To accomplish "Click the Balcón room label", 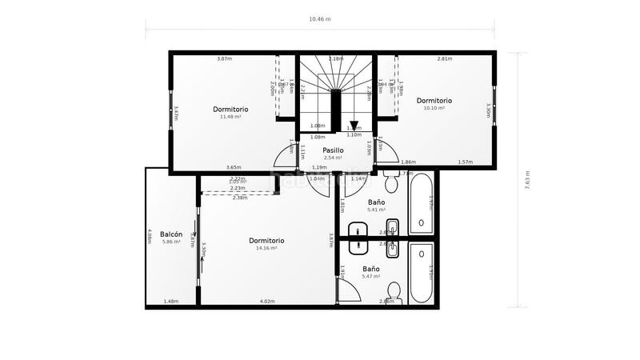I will pos(172,234).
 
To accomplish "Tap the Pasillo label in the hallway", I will pos(333,150).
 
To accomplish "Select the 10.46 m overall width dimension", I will pos(319,18).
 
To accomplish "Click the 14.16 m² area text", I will pos(266,248).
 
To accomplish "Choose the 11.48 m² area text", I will pos(230,117).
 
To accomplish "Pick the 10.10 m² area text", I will pos(434,108).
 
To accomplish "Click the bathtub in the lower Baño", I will pos(422,274).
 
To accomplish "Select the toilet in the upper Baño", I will pos(391,182).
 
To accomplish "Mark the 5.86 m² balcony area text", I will pos(172,242).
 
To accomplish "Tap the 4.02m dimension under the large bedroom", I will pos(266,302).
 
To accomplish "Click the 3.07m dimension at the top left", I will pos(224,58).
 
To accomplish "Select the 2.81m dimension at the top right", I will pos(445,58).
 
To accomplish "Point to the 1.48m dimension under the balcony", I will pos(170,302).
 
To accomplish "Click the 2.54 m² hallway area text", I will pos(333,158).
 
